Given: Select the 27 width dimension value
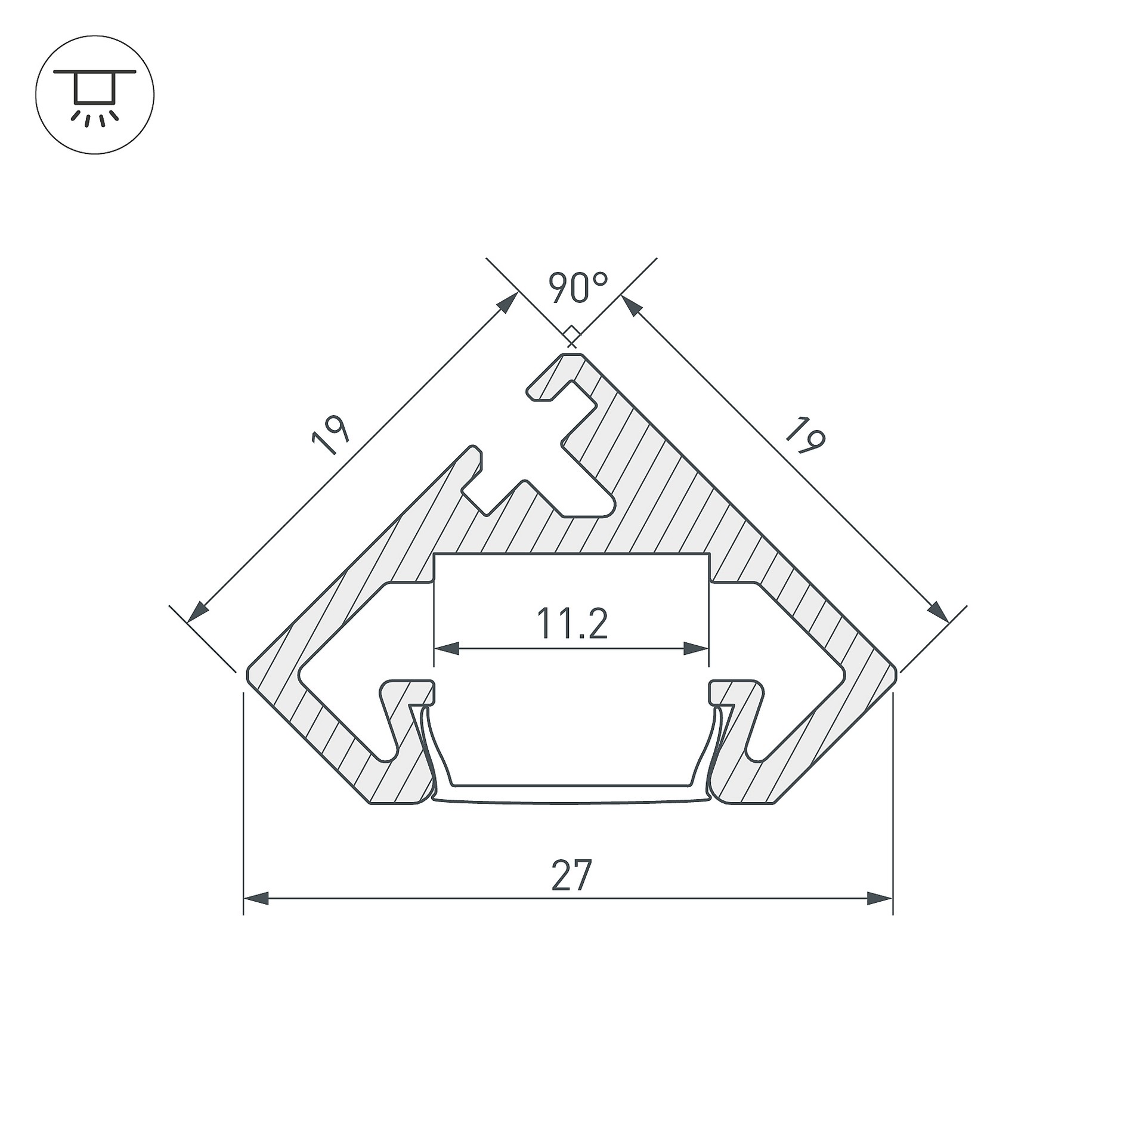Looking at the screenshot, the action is [x=571, y=875].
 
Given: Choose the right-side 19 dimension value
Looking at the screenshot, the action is [x=806, y=435].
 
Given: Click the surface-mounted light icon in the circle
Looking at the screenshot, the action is [x=95, y=95].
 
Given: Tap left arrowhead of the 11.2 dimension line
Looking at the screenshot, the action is [x=447, y=648].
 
